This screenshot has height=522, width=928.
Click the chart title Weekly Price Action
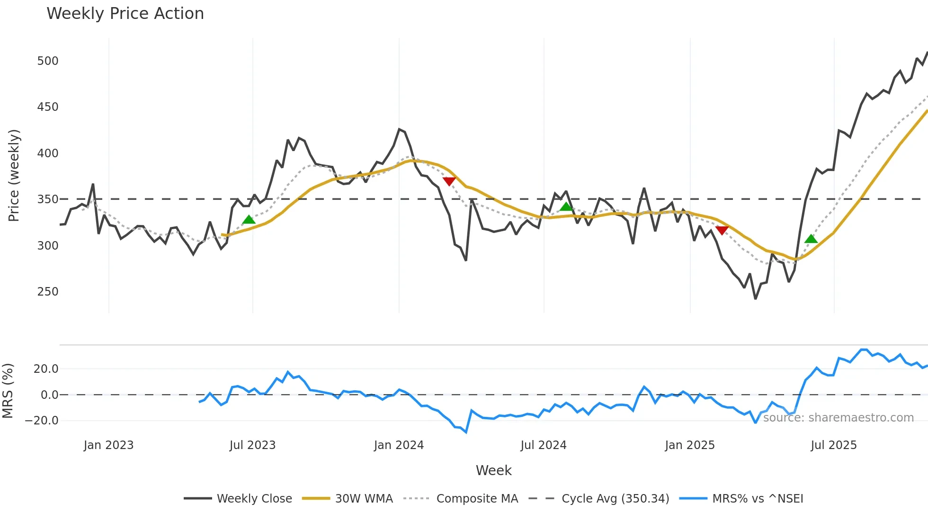[125, 14]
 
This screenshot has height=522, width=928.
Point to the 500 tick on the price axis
[48, 61]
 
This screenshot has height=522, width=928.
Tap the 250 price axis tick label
[48, 292]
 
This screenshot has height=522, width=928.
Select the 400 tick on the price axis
[48, 153]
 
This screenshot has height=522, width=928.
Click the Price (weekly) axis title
[14, 175]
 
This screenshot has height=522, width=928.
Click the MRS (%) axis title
[8, 391]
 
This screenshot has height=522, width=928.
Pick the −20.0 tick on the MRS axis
[42, 421]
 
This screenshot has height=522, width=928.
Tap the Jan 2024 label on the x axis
[399, 445]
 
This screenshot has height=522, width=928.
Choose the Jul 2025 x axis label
[833, 445]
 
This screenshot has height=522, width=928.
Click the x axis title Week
[493, 470]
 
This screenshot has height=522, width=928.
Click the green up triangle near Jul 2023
[249, 220]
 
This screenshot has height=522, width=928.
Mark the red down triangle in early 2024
[449, 181]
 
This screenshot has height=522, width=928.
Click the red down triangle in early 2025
[722, 230]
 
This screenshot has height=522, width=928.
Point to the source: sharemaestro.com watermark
[838, 418]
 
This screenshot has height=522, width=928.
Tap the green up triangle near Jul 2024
[566, 207]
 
